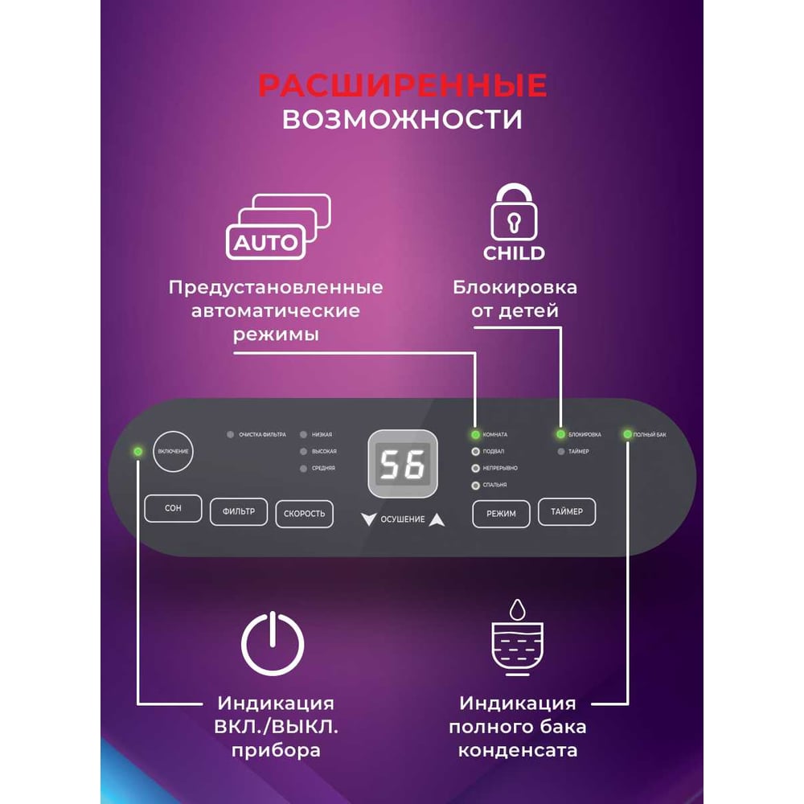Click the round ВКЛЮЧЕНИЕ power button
[x=173, y=451]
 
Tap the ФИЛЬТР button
[x=239, y=511]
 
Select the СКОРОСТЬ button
[x=304, y=514]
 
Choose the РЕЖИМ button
[x=501, y=512]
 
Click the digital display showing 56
[x=403, y=465]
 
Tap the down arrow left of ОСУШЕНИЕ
[x=368, y=519]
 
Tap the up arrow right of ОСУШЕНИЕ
[x=437, y=519]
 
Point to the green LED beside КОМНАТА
[x=475, y=435]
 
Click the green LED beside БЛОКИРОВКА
[x=560, y=435]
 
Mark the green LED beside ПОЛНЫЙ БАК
[x=626, y=435]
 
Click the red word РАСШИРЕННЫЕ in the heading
[x=402, y=85]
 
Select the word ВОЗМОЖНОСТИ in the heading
[x=402, y=119]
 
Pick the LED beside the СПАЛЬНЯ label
[x=475, y=485]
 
